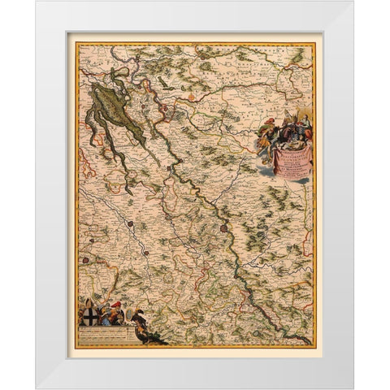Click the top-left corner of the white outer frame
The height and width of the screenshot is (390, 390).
tap(37, 2)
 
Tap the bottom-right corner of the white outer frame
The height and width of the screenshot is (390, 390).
tap(353, 388)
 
